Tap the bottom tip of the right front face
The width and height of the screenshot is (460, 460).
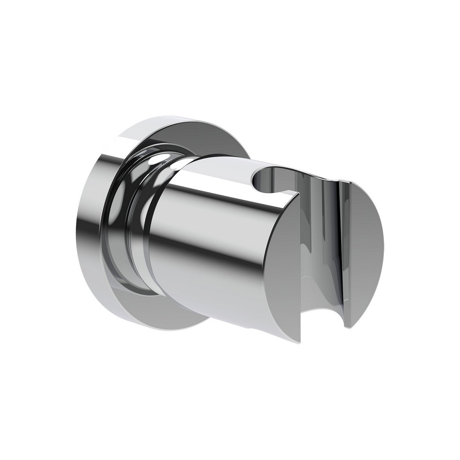click(348, 327)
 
